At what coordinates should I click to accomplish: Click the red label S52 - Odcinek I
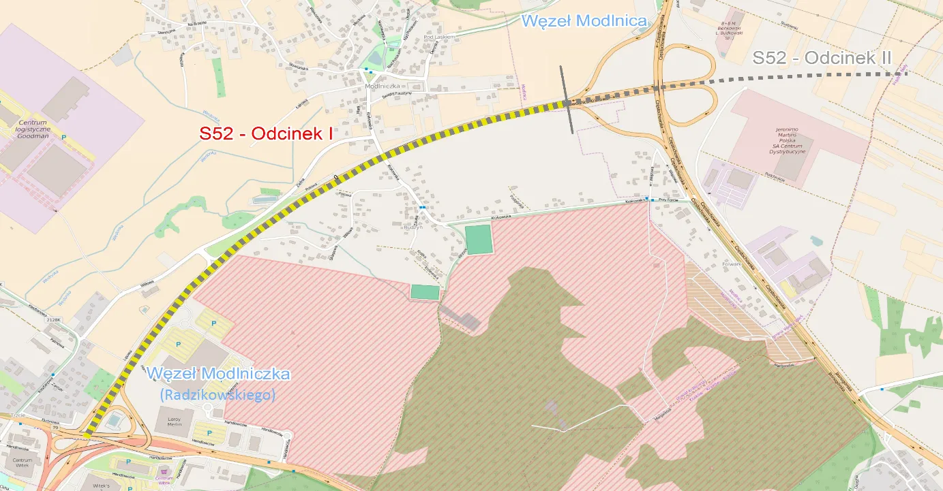[266, 134]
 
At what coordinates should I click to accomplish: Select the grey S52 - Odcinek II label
[822, 58]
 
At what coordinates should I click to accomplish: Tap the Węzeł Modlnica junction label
[584, 20]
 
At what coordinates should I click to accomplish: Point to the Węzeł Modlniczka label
[218, 374]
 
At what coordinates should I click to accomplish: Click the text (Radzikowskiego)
[217, 394]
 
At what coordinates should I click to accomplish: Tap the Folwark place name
[731, 262]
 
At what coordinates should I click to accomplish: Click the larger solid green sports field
[478, 240]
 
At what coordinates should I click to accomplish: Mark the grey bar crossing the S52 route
[567, 101]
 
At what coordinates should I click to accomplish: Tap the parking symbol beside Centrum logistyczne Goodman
[64, 137]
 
